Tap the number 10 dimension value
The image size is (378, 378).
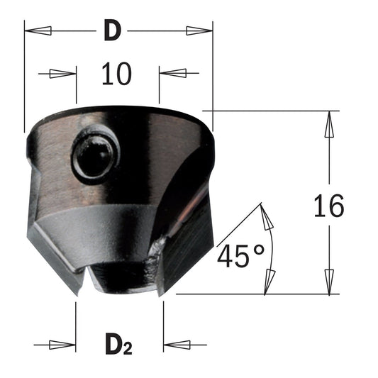pos(117,74)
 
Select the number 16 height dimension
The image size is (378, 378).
pos(329,205)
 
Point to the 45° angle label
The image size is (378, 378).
pos(240,256)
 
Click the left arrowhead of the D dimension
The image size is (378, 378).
pos(38,30)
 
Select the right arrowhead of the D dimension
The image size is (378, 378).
pos(199,30)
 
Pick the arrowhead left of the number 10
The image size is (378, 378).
pos(62,74)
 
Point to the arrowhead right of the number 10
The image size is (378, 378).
pos(173,73)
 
